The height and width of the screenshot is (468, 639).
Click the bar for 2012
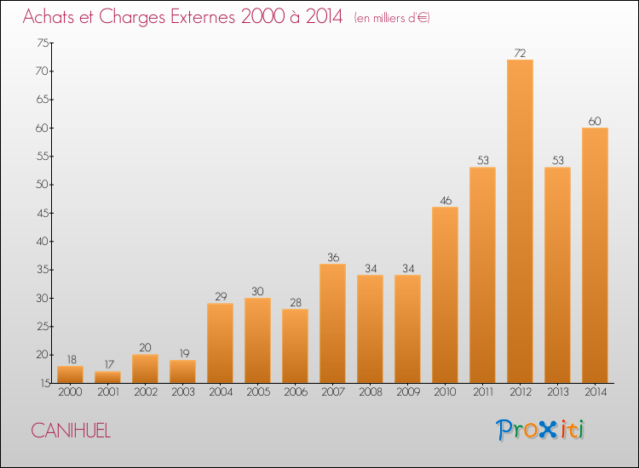[x=520, y=221]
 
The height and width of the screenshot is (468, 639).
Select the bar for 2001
[x=107, y=377]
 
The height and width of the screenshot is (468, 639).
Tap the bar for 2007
[x=332, y=323]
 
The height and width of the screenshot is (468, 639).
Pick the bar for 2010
[x=445, y=295]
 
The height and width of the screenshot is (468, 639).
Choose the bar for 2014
[x=595, y=255]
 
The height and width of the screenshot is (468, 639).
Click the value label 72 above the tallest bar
[x=520, y=54]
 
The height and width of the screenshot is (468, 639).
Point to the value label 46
[x=446, y=201]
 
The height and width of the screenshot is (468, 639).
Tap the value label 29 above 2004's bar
[x=221, y=297]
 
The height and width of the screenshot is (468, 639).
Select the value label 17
[x=109, y=365]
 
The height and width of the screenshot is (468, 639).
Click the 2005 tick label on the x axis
[x=258, y=392]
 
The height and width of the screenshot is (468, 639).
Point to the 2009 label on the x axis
[x=408, y=392]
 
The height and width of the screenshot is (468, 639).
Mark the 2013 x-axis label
[x=558, y=392]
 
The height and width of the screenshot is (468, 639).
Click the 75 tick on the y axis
[x=43, y=43]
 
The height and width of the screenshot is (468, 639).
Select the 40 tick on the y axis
[x=43, y=242]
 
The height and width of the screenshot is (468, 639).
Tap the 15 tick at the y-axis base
[x=45, y=383]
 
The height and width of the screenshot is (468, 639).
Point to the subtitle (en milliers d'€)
[x=392, y=18]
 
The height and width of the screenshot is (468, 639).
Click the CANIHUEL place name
[x=71, y=431]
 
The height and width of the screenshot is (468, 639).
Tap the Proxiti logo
[x=540, y=430]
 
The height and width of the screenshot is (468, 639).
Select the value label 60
[x=595, y=122]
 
